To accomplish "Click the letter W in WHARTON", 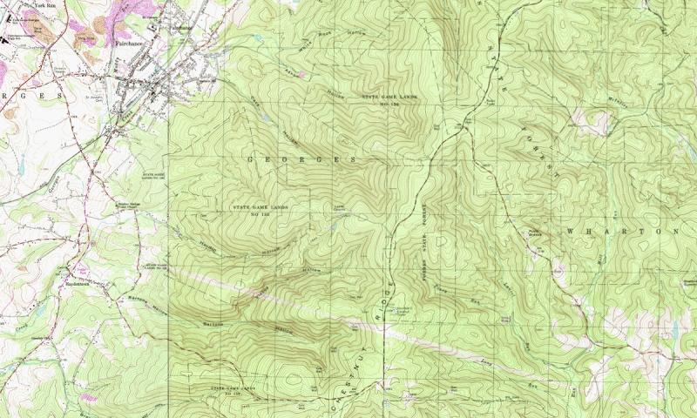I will pyautogui.click(x=571, y=232).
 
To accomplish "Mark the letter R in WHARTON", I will pyautogui.click(x=626, y=232).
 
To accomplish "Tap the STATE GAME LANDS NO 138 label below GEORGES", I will pyautogui.click(x=259, y=209).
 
